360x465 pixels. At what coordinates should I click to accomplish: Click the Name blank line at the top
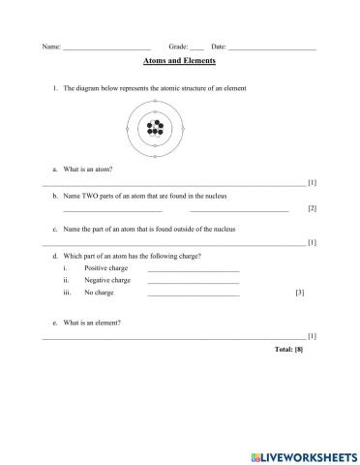click(x=105, y=47)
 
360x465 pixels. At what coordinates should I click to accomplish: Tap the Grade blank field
click(x=196, y=47)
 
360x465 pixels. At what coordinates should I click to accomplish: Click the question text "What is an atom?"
click(x=88, y=169)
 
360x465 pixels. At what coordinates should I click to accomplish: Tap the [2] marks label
click(x=312, y=208)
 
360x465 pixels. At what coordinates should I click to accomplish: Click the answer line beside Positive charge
click(x=193, y=268)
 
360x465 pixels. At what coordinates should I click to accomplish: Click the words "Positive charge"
click(x=106, y=267)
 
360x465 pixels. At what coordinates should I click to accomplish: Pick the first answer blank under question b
click(x=112, y=209)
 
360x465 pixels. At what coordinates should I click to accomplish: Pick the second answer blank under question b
click(x=239, y=209)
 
